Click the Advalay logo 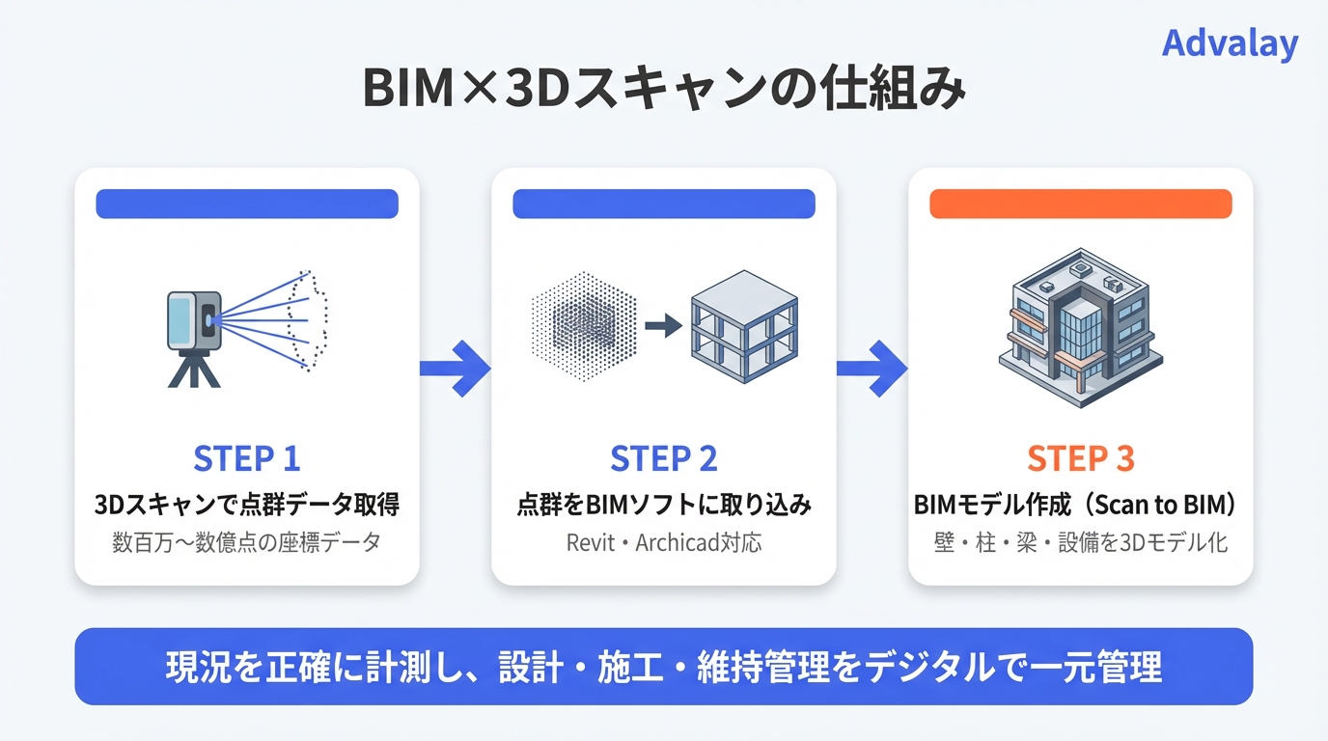[1230, 43]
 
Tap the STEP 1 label [247, 459]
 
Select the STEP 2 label [664, 459]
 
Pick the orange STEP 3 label [1080, 459]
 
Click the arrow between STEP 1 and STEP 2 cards [455, 368]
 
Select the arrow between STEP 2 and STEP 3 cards [871, 368]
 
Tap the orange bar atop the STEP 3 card [1080, 204]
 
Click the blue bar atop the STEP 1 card [247, 204]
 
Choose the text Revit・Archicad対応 [664, 542]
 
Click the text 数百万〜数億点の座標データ [247, 542]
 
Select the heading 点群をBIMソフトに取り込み [664, 505]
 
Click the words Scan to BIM [1176, 505]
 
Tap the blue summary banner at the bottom [664, 667]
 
